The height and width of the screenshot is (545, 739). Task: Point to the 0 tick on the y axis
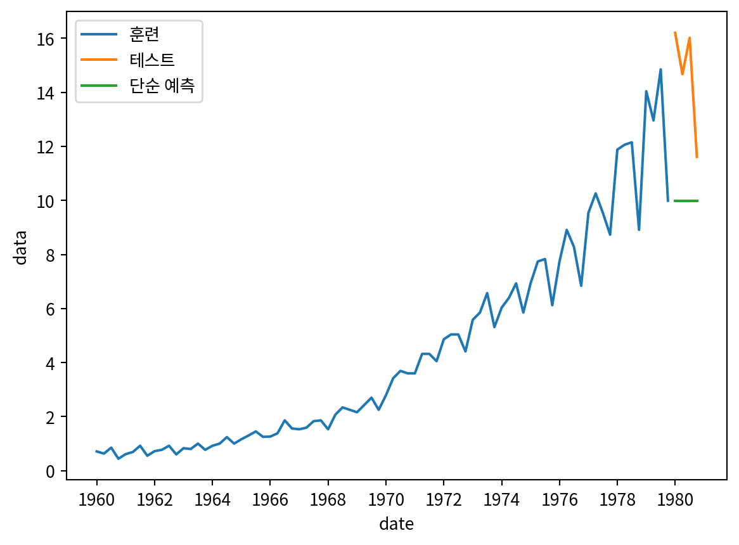click(x=53, y=471)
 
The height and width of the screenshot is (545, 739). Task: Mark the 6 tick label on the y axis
click(x=53, y=309)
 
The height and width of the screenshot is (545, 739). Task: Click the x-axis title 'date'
click(x=397, y=523)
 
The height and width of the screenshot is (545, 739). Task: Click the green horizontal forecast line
click(x=686, y=201)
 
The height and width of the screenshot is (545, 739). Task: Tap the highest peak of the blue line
click(x=660, y=70)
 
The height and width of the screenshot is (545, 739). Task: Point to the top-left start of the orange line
click(x=675, y=32)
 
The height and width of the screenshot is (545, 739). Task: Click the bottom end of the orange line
click(x=697, y=157)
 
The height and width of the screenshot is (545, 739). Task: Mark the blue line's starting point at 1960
click(x=96, y=451)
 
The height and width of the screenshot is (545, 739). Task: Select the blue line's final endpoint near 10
click(x=667, y=201)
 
